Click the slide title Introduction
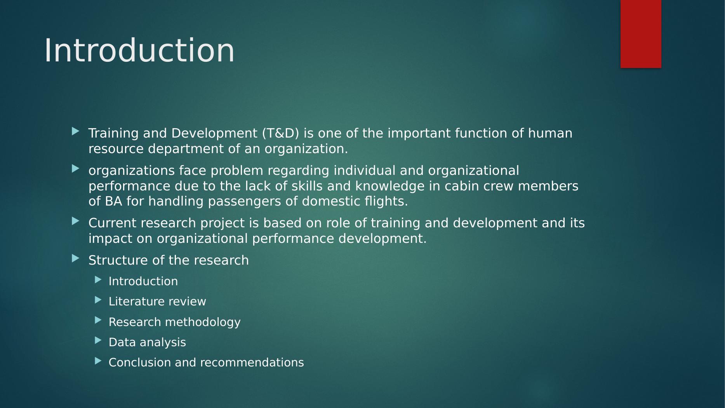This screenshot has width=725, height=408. [x=139, y=51]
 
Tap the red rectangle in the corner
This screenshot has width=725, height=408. [x=641, y=34]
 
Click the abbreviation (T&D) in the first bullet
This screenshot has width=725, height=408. [x=281, y=133]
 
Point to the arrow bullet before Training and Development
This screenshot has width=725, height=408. [x=76, y=132]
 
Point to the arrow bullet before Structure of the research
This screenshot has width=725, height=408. [x=76, y=258]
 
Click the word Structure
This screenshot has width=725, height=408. [x=118, y=260]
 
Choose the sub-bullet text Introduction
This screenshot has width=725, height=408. [x=143, y=281]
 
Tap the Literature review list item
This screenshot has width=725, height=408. [x=157, y=302]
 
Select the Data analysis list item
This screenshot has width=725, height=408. [x=147, y=342]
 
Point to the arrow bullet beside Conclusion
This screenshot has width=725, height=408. [x=98, y=361]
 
